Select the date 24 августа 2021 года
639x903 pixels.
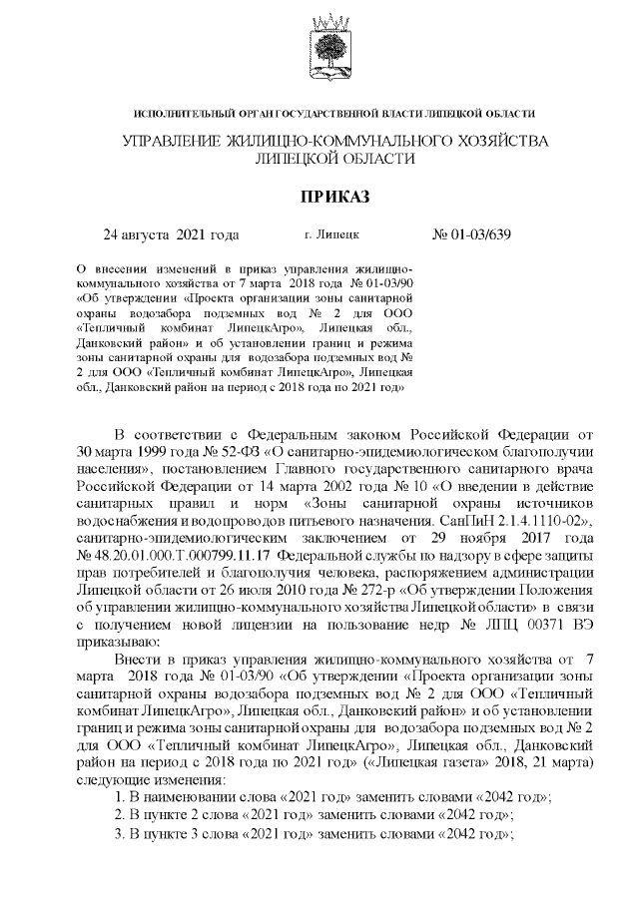pos(172,236)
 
